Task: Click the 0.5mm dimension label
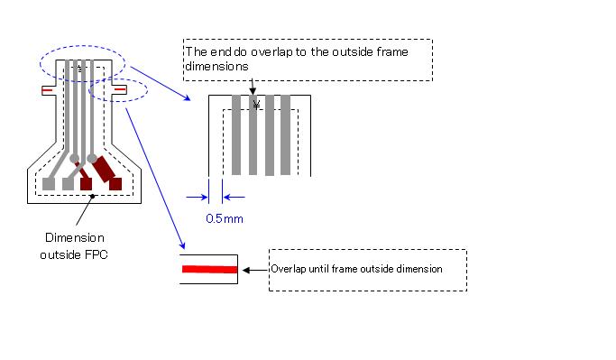(x=225, y=217)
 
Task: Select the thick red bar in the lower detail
(x=209, y=269)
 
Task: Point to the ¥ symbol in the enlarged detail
(x=257, y=105)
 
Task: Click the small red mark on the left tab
(x=46, y=90)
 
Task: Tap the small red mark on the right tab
(x=117, y=90)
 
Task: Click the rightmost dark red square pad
(x=115, y=184)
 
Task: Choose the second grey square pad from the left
(x=69, y=184)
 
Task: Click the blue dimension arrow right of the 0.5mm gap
(x=234, y=195)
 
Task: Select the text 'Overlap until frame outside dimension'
(x=357, y=269)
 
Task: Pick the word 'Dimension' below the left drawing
(x=74, y=238)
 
